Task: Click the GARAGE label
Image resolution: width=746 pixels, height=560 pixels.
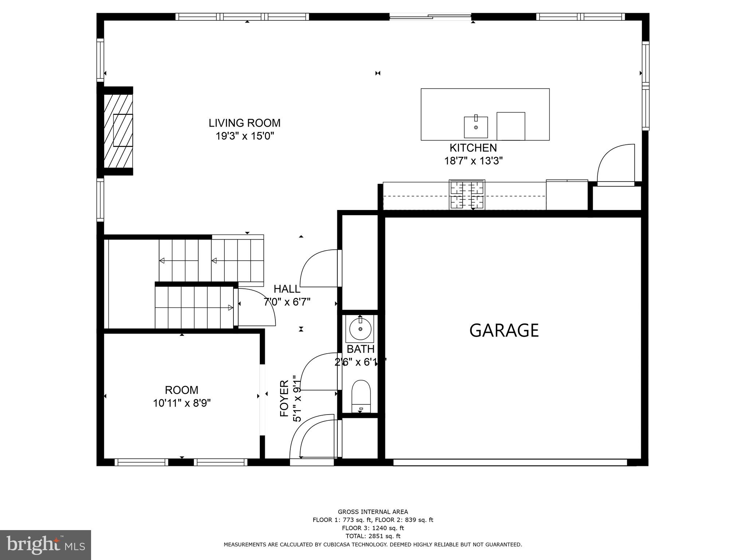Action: (x=504, y=330)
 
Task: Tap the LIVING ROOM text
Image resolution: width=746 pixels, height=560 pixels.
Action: (x=244, y=123)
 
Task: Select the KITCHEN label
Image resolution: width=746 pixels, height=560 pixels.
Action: (x=473, y=148)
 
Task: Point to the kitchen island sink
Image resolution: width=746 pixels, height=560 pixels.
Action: (x=476, y=127)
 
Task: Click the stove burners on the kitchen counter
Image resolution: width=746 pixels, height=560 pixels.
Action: (x=467, y=195)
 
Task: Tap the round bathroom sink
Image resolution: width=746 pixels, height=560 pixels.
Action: (x=360, y=329)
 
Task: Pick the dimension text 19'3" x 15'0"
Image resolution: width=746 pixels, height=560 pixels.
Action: (x=244, y=136)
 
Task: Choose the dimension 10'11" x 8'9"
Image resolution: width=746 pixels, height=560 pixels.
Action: (x=182, y=403)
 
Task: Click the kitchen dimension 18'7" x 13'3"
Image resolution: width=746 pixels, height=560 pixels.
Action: (x=473, y=161)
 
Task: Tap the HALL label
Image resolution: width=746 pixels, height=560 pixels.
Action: (x=287, y=289)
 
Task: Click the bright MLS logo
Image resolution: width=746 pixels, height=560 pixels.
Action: (x=45, y=545)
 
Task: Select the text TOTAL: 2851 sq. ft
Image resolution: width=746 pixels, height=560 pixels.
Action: (x=373, y=536)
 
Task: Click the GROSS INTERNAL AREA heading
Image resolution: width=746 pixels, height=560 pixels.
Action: (x=373, y=512)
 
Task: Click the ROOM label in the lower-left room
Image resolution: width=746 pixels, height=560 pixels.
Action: (x=181, y=390)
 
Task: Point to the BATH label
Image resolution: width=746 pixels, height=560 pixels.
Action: (x=360, y=349)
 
